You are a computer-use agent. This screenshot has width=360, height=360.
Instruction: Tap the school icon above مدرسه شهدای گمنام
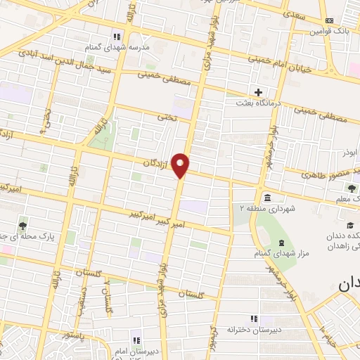pos(117,35)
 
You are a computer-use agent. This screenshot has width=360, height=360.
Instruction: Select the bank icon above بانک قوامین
pos(330,20)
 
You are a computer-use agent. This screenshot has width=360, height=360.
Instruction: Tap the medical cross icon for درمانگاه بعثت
pos(258,92)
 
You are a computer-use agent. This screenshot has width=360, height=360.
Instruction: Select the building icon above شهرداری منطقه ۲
pos(267,196)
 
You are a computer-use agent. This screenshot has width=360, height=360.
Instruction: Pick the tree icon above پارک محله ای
pos(23,225)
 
